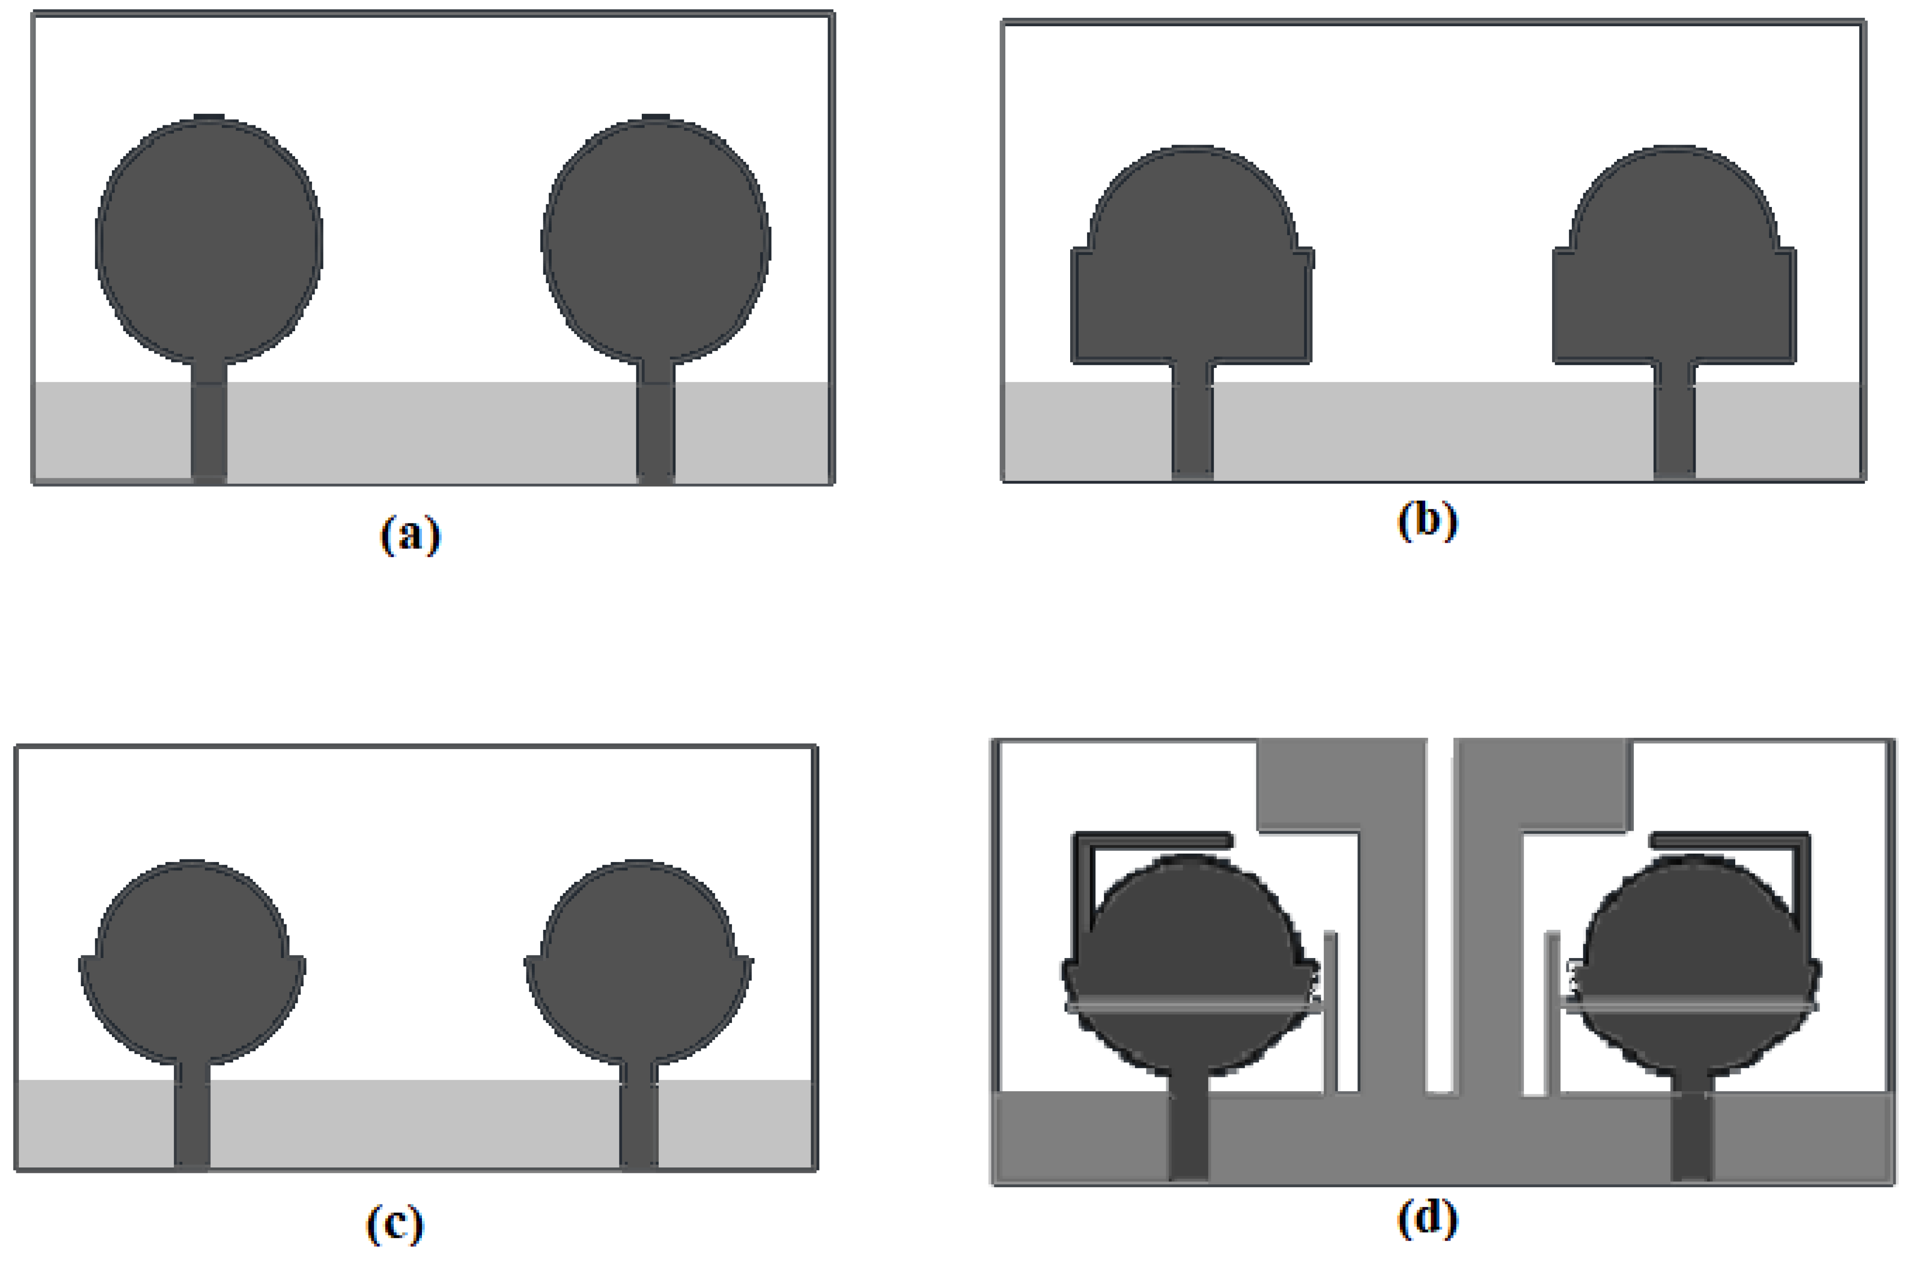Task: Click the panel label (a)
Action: coord(410,535)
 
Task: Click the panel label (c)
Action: coord(395,1224)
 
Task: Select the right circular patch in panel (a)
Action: coord(656,240)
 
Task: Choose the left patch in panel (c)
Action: coord(192,965)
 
